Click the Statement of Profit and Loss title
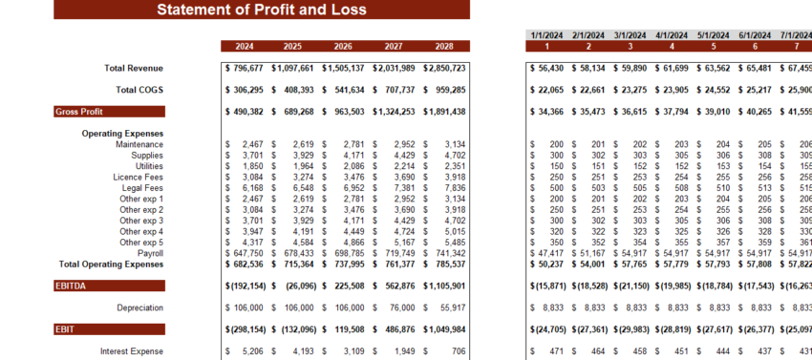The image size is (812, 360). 261,10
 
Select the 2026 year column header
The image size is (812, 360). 343,46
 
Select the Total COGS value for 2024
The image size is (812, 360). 245,90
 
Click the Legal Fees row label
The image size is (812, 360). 139,188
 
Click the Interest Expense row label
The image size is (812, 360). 132,351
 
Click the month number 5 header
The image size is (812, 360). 714,46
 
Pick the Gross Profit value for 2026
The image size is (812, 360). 343,112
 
